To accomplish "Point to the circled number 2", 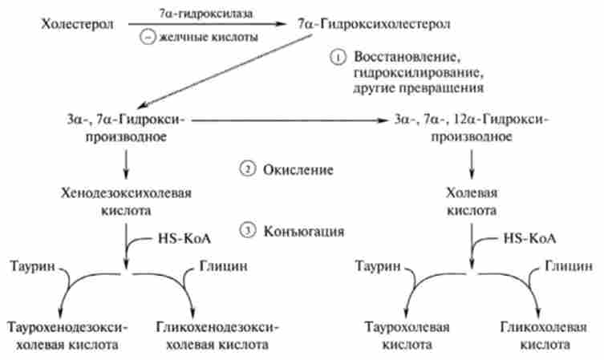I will pos(246,170).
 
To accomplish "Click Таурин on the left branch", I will pos(30,265).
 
